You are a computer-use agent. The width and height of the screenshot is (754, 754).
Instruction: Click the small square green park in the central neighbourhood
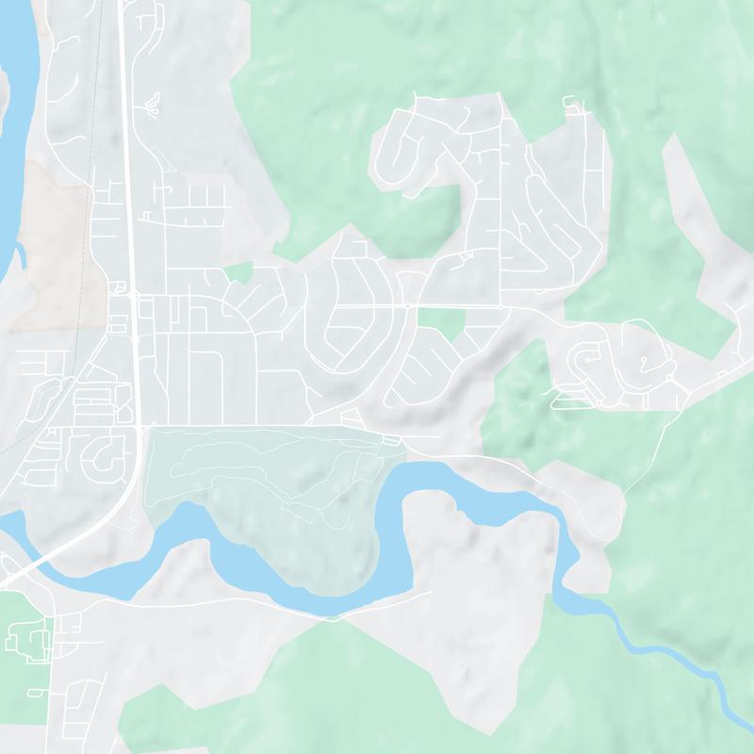tap(440, 325)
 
